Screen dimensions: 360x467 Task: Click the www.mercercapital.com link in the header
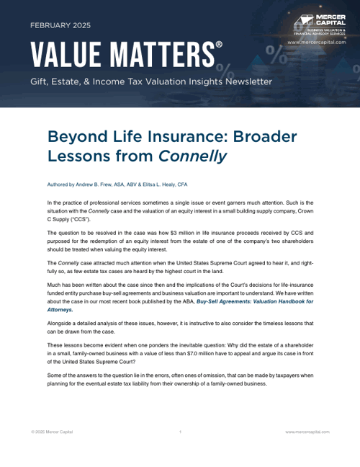(316, 43)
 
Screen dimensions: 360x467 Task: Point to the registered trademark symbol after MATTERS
(219, 45)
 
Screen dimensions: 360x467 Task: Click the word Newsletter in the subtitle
(243, 81)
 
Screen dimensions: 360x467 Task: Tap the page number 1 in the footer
(179, 431)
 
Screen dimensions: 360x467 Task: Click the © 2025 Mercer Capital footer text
(52, 431)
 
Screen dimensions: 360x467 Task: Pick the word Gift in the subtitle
(39, 81)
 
